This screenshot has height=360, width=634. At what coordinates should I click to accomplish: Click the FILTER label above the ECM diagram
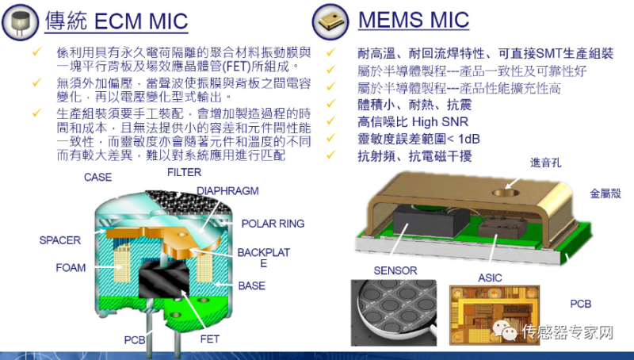tap(184, 172)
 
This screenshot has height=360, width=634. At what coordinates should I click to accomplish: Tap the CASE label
tap(97, 177)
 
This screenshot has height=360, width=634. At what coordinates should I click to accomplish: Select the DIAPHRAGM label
tap(227, 191)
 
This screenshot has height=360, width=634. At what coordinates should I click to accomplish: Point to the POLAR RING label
tap(273, 224)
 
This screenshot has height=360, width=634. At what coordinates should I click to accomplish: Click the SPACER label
tap(60, 240)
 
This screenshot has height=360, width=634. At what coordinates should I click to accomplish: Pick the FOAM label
tap(71, 268)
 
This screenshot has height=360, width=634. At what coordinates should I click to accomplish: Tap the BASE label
tap(252, 286)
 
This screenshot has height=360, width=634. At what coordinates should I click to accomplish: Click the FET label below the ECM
tap(210, 339)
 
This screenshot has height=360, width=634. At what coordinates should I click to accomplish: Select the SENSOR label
tap(395, 270)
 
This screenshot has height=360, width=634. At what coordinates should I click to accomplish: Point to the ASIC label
tap(490, 278)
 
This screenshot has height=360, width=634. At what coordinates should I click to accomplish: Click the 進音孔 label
tap(546, 163)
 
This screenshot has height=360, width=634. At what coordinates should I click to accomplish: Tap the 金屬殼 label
tap(605, 193)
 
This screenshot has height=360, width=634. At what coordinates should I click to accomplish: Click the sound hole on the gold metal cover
tap(506, 193)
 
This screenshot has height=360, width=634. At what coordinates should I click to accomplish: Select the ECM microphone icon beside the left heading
tap(21, 23)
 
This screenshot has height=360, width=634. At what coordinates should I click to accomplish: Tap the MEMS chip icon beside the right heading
tap(330, 21)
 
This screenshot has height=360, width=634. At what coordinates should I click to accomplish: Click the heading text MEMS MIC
tap(414, 20)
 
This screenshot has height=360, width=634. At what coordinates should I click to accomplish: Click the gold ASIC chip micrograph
tap(495, 315)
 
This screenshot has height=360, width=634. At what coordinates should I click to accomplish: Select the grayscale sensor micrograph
tap(394, 312)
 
